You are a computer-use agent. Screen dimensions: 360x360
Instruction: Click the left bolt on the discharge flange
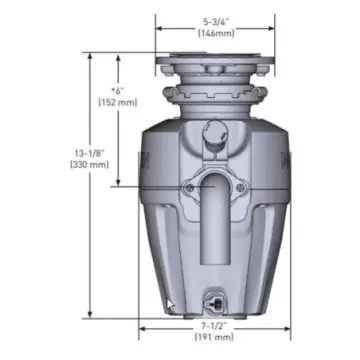pos(187,185)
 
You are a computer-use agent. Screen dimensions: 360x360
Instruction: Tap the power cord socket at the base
pos(214,301)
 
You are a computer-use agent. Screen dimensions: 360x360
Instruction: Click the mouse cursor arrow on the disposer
pos(171,305)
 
